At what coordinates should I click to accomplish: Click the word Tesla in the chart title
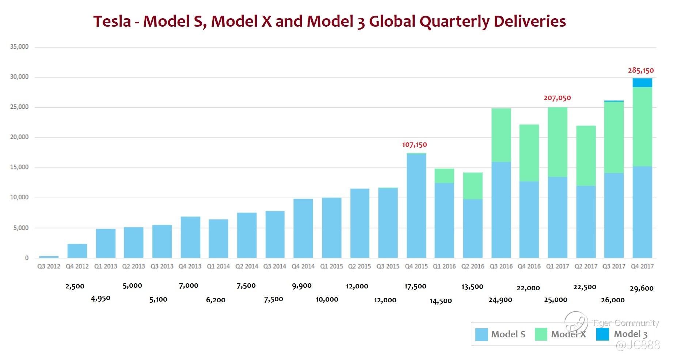click(112, 21)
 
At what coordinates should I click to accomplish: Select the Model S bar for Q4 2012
click(77, 251)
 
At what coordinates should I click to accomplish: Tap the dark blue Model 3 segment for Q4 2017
click(642, 83)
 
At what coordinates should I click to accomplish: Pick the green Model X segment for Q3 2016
click(501, 135)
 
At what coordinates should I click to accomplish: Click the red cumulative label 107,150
click(414, 145)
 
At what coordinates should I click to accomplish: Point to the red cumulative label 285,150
click(640, 70)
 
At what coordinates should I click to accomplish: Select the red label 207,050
click(557, 98)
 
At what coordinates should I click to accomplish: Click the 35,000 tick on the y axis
click(19, 47)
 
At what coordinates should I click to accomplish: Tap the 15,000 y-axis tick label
click(19, 167)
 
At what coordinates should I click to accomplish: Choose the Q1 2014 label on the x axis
click(218, 267)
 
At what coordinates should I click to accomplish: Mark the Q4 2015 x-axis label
click(416, 267)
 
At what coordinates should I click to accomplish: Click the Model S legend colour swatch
click(481, 334)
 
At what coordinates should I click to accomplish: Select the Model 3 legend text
click(630, 334)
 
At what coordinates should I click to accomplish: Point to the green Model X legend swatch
click(541, 334)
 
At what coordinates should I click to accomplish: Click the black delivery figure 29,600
click(641, 288)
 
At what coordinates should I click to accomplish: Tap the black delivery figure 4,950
click(100, 298)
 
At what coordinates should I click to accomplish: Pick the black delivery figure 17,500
click(415, 287)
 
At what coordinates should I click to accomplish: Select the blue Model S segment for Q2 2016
click(472, 229)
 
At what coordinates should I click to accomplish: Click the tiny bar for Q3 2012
click(49, 257)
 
